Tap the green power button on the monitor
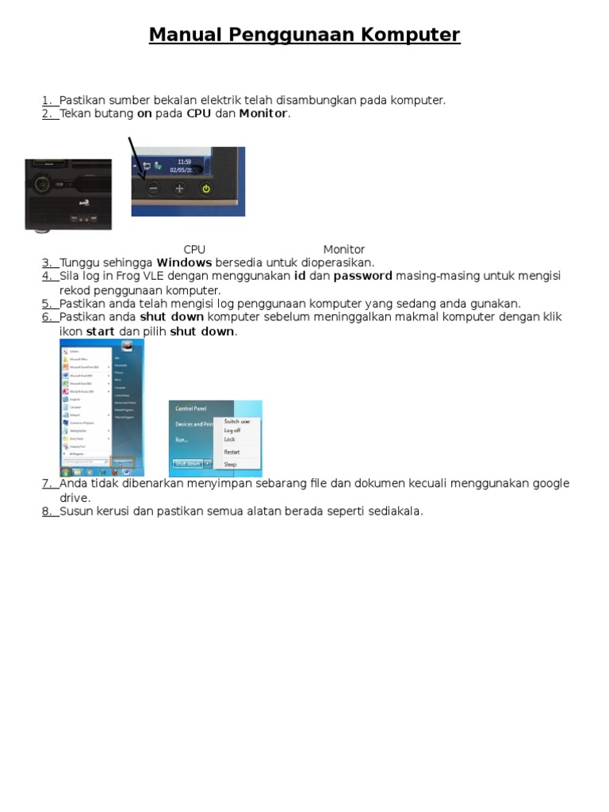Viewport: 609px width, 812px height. (206, 189)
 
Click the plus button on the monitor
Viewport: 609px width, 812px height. (179, 189)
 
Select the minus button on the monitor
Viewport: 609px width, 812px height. (153, 189)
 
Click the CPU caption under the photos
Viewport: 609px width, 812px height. (194, 249)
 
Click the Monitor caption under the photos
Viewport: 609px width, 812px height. (343, 249)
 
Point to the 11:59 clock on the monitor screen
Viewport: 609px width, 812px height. (184, 162)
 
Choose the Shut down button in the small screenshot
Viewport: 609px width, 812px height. (187, 462)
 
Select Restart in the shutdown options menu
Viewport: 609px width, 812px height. (232, 452)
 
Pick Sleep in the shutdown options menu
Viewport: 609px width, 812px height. (230, 464)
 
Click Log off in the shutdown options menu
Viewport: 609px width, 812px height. (232, 431)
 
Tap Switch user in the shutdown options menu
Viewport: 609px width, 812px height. (236, 422)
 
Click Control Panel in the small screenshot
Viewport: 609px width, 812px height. (191, 408)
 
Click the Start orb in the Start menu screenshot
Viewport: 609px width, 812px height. (65, 471)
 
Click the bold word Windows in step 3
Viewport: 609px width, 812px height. (184, 262)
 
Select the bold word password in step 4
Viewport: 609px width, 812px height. (362, 276)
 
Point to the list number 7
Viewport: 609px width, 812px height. (47, 484)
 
